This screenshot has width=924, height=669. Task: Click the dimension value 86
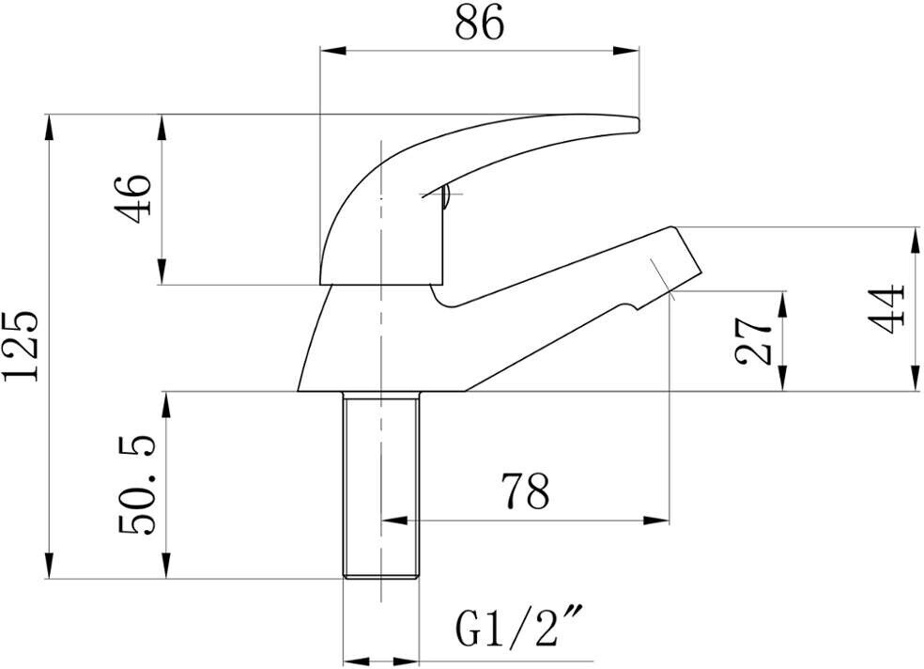(479, 23)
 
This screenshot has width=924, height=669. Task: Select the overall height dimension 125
(22, 345)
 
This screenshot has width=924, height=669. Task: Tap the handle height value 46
(133, 198)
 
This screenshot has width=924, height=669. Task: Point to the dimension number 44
(885, 308)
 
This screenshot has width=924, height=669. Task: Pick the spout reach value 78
(525, 490)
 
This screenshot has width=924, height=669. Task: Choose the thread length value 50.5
(137, 486)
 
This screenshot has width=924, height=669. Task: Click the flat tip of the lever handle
(639, 122)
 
